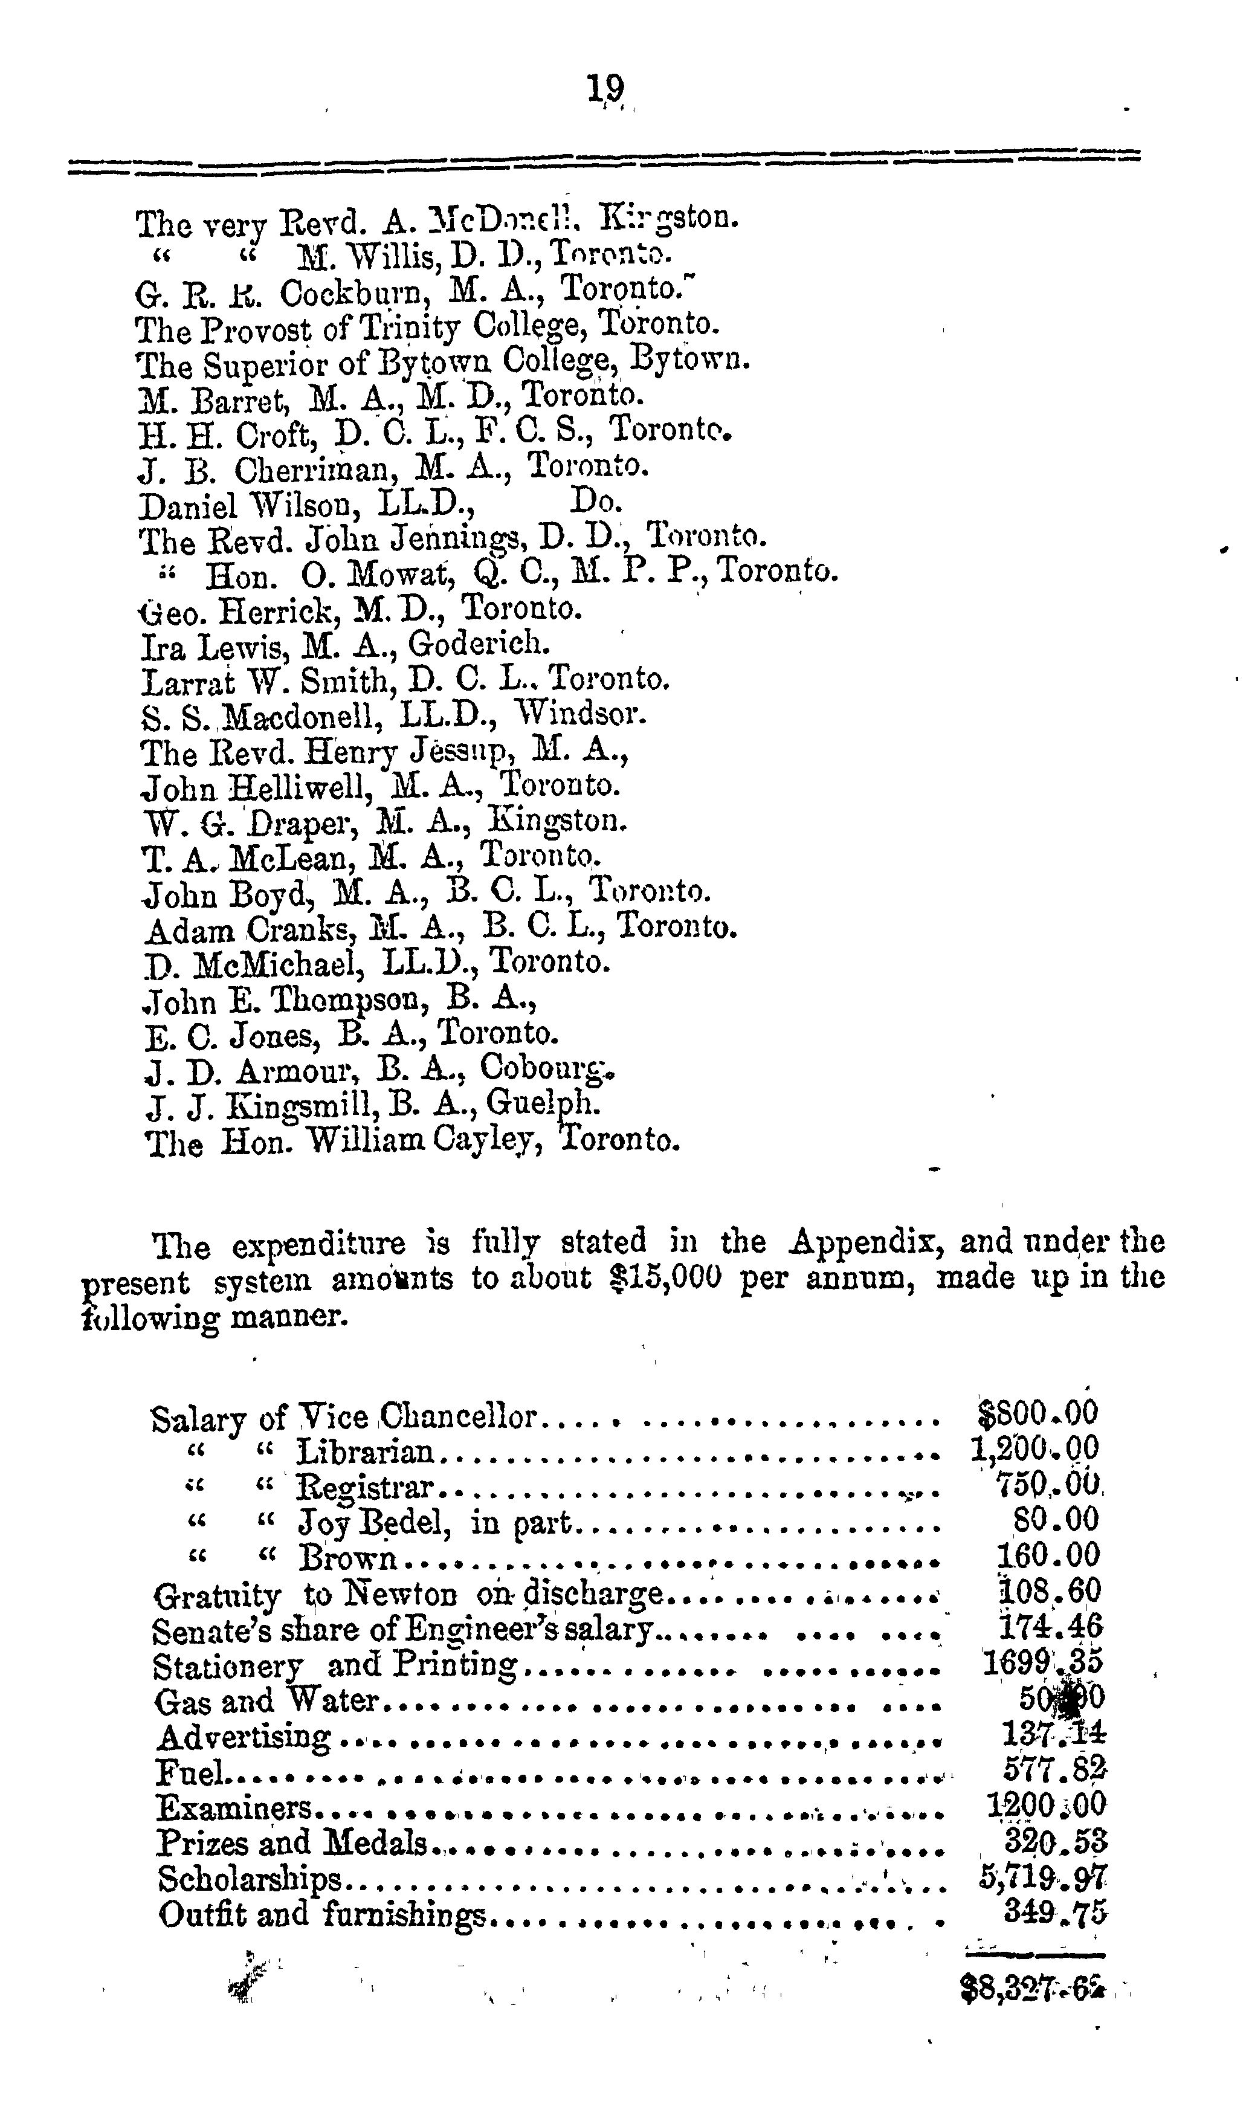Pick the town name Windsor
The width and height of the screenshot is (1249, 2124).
(x=581, y=715)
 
